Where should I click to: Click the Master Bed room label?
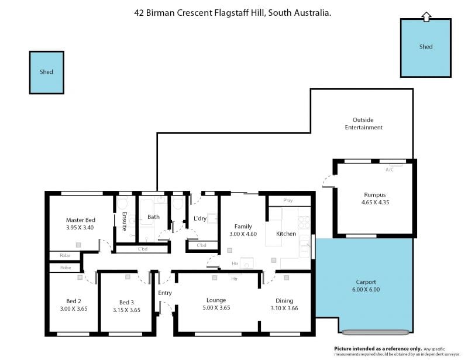pos(81,220)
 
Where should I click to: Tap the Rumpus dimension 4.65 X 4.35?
pos(375,203)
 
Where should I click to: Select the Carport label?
pos(366,282)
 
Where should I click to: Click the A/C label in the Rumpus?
pos(390,170)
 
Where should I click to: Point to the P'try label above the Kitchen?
pos(288,200)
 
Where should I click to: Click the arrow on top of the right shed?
pos(426,17)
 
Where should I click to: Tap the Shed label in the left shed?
pos(46,71)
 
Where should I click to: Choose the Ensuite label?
pos(125,221)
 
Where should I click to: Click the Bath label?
pos(153,217)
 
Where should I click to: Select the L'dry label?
pos(200,218)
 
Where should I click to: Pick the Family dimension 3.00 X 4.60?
pos(243,234)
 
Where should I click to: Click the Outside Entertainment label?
pos(363,124)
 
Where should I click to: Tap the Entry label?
pos(165,293)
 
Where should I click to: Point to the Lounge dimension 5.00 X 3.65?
pos(216,308)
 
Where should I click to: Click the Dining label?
pos(284,301)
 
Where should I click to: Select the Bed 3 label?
pos(126,302)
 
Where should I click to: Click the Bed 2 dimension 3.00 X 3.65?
pos(74,308)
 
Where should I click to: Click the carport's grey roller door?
pos(376,332)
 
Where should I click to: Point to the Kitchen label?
pos(286,234)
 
